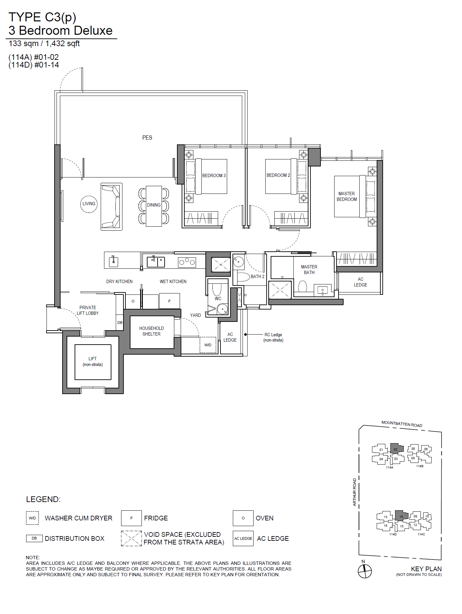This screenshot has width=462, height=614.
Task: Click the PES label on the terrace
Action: pos(147,138)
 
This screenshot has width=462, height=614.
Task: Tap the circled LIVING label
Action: pos(89,204)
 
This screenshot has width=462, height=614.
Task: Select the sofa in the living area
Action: pos(111,207)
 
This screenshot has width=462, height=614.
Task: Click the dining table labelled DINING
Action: pos(154,206)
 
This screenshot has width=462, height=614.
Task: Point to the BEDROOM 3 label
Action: pos(214,175)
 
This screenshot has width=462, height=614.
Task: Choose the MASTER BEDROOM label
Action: pos(347,197)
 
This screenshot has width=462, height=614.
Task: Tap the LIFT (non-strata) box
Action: pos(93,362)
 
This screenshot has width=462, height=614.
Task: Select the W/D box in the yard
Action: pos(208,345)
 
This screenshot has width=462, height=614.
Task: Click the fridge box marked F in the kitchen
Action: pos(169,301)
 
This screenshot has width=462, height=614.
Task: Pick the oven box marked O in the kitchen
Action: pos(133,301)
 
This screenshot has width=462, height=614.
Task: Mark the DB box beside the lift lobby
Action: pos(119,323)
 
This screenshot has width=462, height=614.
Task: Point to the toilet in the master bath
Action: pos(302,286)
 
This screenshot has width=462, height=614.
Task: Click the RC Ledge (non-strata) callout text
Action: pos(273,337)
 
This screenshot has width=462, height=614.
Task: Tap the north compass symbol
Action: pos(365,571)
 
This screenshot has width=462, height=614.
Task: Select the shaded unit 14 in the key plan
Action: pos(401,516)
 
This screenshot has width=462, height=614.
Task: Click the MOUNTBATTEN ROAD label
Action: pos(402,424)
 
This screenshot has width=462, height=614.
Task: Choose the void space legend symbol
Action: pos(131,538)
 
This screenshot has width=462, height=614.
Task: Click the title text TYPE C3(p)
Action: pos(42,17)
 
